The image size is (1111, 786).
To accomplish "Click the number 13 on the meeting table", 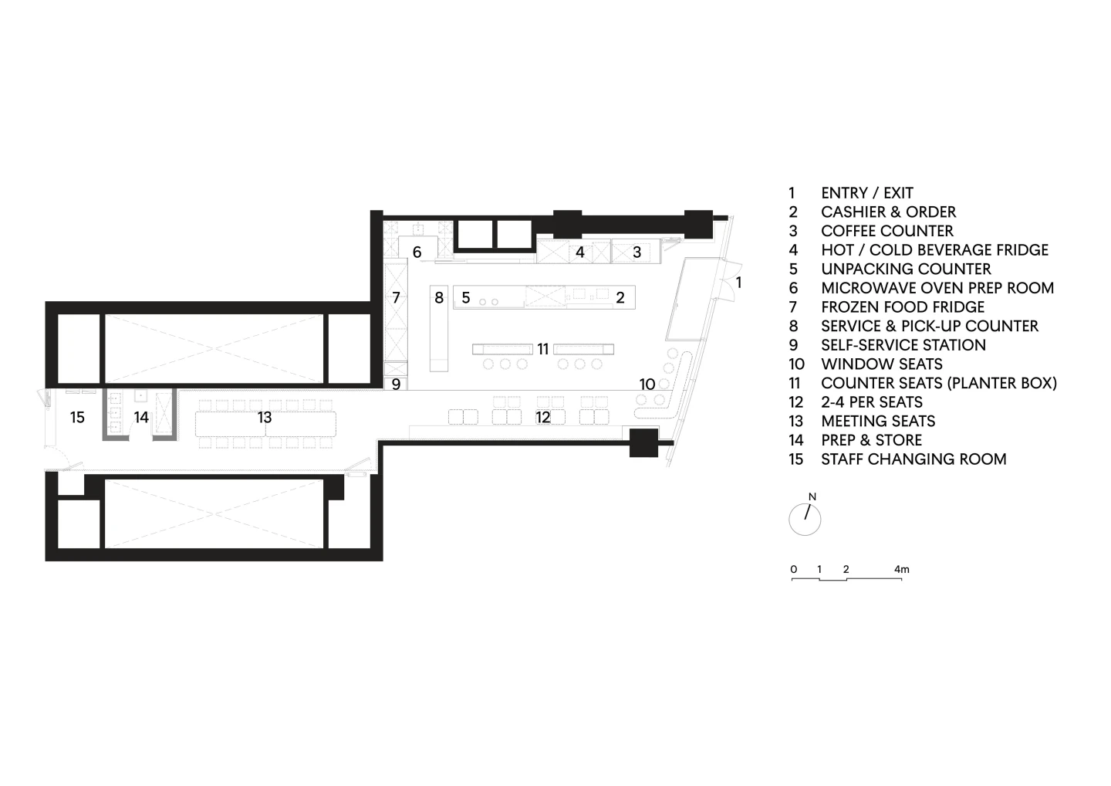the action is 265,418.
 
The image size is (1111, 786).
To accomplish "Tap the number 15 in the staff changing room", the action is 77,418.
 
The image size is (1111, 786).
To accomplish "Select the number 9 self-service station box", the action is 396,384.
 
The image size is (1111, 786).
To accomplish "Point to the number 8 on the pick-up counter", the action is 439,298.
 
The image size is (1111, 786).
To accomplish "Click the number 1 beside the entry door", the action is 738,283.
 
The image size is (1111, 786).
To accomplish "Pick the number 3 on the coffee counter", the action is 637,252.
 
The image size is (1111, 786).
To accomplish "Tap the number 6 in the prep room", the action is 417,252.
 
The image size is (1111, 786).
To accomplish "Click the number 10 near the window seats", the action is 647,384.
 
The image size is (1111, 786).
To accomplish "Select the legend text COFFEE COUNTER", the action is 887,231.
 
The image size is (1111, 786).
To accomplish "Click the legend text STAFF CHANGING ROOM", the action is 913,459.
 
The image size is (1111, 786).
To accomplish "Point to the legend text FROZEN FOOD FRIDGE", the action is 903,307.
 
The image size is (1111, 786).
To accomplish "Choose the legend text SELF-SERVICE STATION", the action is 903,345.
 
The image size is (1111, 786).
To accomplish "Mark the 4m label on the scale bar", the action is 902,570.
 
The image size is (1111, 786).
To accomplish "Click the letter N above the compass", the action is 812,497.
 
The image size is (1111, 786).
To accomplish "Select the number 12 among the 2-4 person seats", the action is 543,418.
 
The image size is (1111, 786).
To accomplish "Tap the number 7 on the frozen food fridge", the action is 396,298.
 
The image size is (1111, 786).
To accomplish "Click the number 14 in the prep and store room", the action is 141,418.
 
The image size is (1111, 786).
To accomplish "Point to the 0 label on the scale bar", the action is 794,570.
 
